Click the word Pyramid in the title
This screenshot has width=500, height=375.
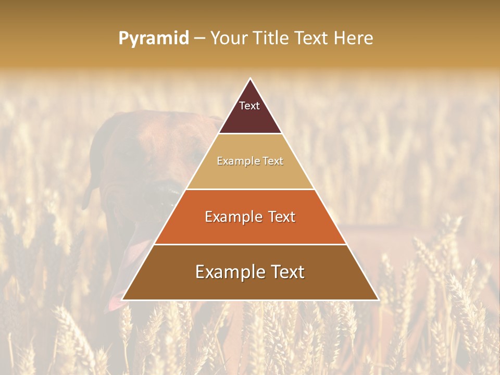tap(153, 39)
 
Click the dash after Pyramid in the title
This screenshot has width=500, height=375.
tap(199, 39)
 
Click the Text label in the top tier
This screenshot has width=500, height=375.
tap(249, 106)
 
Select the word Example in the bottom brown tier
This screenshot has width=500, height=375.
tap(228, 272)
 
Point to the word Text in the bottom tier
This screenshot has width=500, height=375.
tap(286, 272)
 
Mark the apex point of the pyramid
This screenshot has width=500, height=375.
tap(250, 79)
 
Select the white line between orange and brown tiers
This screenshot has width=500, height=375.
tap(250, 244)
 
